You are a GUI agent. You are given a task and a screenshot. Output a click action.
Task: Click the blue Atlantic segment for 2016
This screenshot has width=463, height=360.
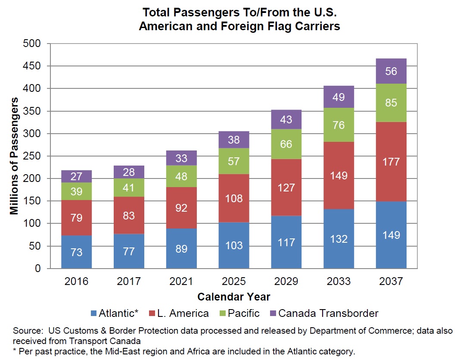(x=77, y=252)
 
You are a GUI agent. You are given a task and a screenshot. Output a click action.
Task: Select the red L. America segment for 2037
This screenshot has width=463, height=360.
(x=391, y=162)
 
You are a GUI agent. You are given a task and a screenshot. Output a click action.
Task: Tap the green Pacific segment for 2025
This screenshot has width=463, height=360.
(x=234, y=161)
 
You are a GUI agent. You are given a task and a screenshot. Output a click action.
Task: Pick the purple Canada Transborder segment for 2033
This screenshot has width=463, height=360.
(x=339, y=97)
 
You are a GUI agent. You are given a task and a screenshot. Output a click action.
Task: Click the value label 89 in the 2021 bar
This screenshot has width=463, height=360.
(x=181, y=248)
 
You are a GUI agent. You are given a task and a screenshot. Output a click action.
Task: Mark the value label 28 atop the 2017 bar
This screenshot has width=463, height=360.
(x=129, y=172)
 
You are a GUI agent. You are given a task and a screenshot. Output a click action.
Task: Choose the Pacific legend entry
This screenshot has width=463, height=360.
(x=243, y=313)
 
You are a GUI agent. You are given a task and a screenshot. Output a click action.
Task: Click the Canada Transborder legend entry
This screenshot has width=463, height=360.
(x=328, y=313)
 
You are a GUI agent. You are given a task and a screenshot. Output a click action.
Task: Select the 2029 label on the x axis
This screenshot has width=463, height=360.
(x=286, y=282)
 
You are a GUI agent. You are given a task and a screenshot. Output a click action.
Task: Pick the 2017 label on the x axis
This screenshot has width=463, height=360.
(x=129, y=282)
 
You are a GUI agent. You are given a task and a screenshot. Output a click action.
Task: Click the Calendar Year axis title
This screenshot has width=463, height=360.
(x=234, y=297)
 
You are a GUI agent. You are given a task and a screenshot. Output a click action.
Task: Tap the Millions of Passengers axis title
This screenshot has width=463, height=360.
(x=15, y=156)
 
